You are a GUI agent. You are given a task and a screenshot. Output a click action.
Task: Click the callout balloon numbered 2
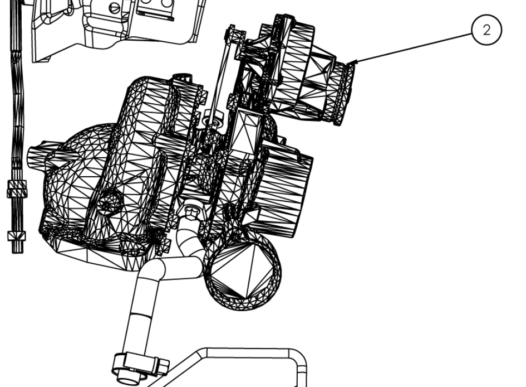(x=486, y=31)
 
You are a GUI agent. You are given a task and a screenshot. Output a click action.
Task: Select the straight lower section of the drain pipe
(x=139, y=323)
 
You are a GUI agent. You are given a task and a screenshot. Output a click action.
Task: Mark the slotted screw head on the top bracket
(x=115, y=7)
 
